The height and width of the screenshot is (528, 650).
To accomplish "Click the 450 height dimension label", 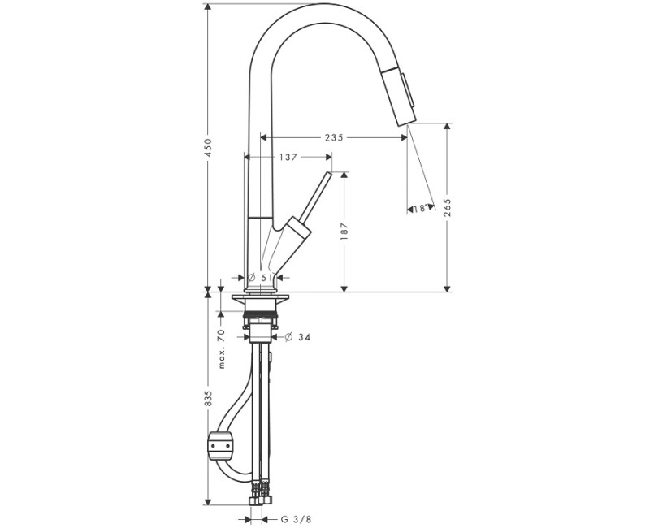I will tap(208, 147).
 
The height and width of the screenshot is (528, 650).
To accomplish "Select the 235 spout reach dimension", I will tap(333, 138).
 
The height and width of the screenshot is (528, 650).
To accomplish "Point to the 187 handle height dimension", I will tap(344, 232).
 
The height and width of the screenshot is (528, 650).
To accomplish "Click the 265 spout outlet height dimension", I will tap(446, 208).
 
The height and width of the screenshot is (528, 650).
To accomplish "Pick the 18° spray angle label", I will tap(420, 209).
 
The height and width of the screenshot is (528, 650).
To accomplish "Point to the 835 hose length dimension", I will tap(208, 398).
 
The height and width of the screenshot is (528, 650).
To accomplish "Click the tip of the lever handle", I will tap(329, 175).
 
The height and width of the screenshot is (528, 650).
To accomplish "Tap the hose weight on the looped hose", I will tap(220, 444).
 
